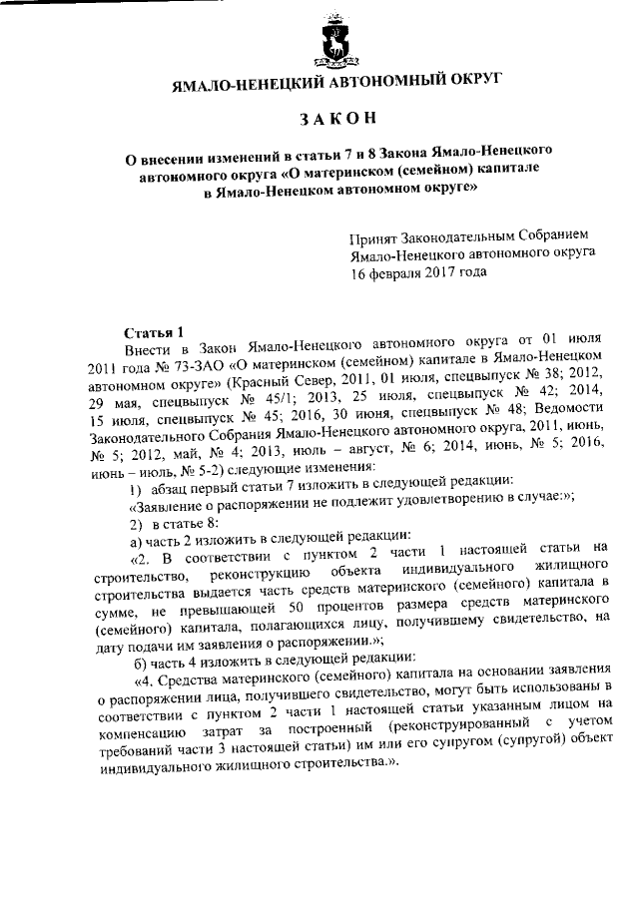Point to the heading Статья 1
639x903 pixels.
pos(154,332)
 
